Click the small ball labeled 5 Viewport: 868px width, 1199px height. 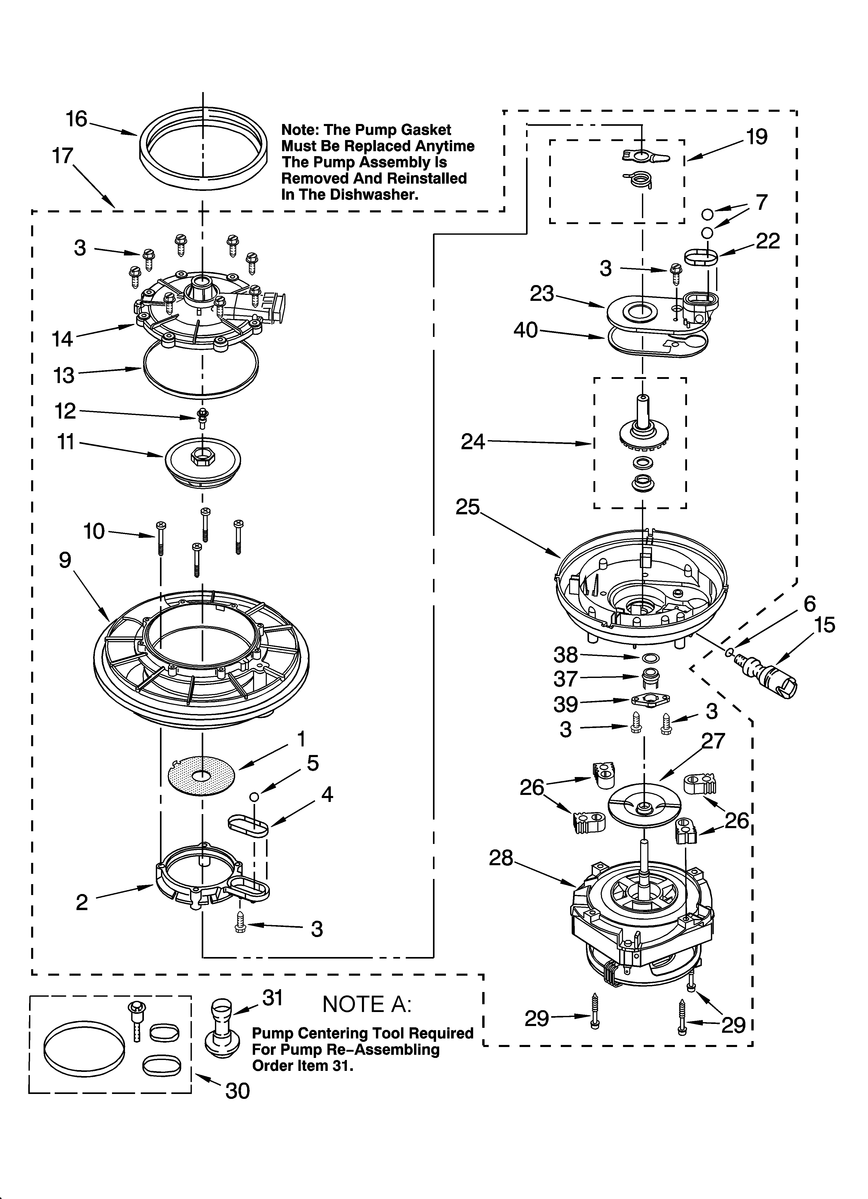[254, 797]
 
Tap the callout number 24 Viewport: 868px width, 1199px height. [473, 441]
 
